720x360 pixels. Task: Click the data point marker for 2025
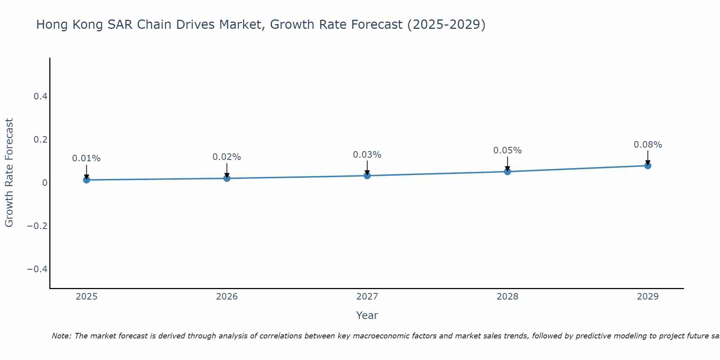[x=86, y=180]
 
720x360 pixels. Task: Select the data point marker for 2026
[x=227, y=178]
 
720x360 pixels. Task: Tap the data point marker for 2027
[x=367, y=176]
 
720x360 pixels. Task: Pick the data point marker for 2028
[x=507, y=171]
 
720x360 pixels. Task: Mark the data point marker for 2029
[x=648, y=166]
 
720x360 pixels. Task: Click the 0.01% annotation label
[x=86, y=158]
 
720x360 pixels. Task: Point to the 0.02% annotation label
[x=227, y=157]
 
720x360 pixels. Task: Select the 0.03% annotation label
[x=367, y=155]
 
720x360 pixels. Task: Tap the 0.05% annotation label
[x=507, y=150]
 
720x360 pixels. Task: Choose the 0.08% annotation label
[x=648, y=145]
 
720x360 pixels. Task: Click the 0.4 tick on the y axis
[x=40, y=96]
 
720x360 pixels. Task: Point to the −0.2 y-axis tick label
[x=37, y=226]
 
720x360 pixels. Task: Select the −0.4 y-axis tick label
[x=37, y=269]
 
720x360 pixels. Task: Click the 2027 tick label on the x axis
[x=367, y=297]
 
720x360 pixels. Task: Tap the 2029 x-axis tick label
[x=648, y=297]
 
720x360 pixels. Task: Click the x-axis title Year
[x=367, y=315]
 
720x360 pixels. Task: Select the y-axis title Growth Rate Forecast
[x=9, y=173]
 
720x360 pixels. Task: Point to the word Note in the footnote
[x=61, y=336]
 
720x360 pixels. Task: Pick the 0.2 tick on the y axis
[x=40, y=139]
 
